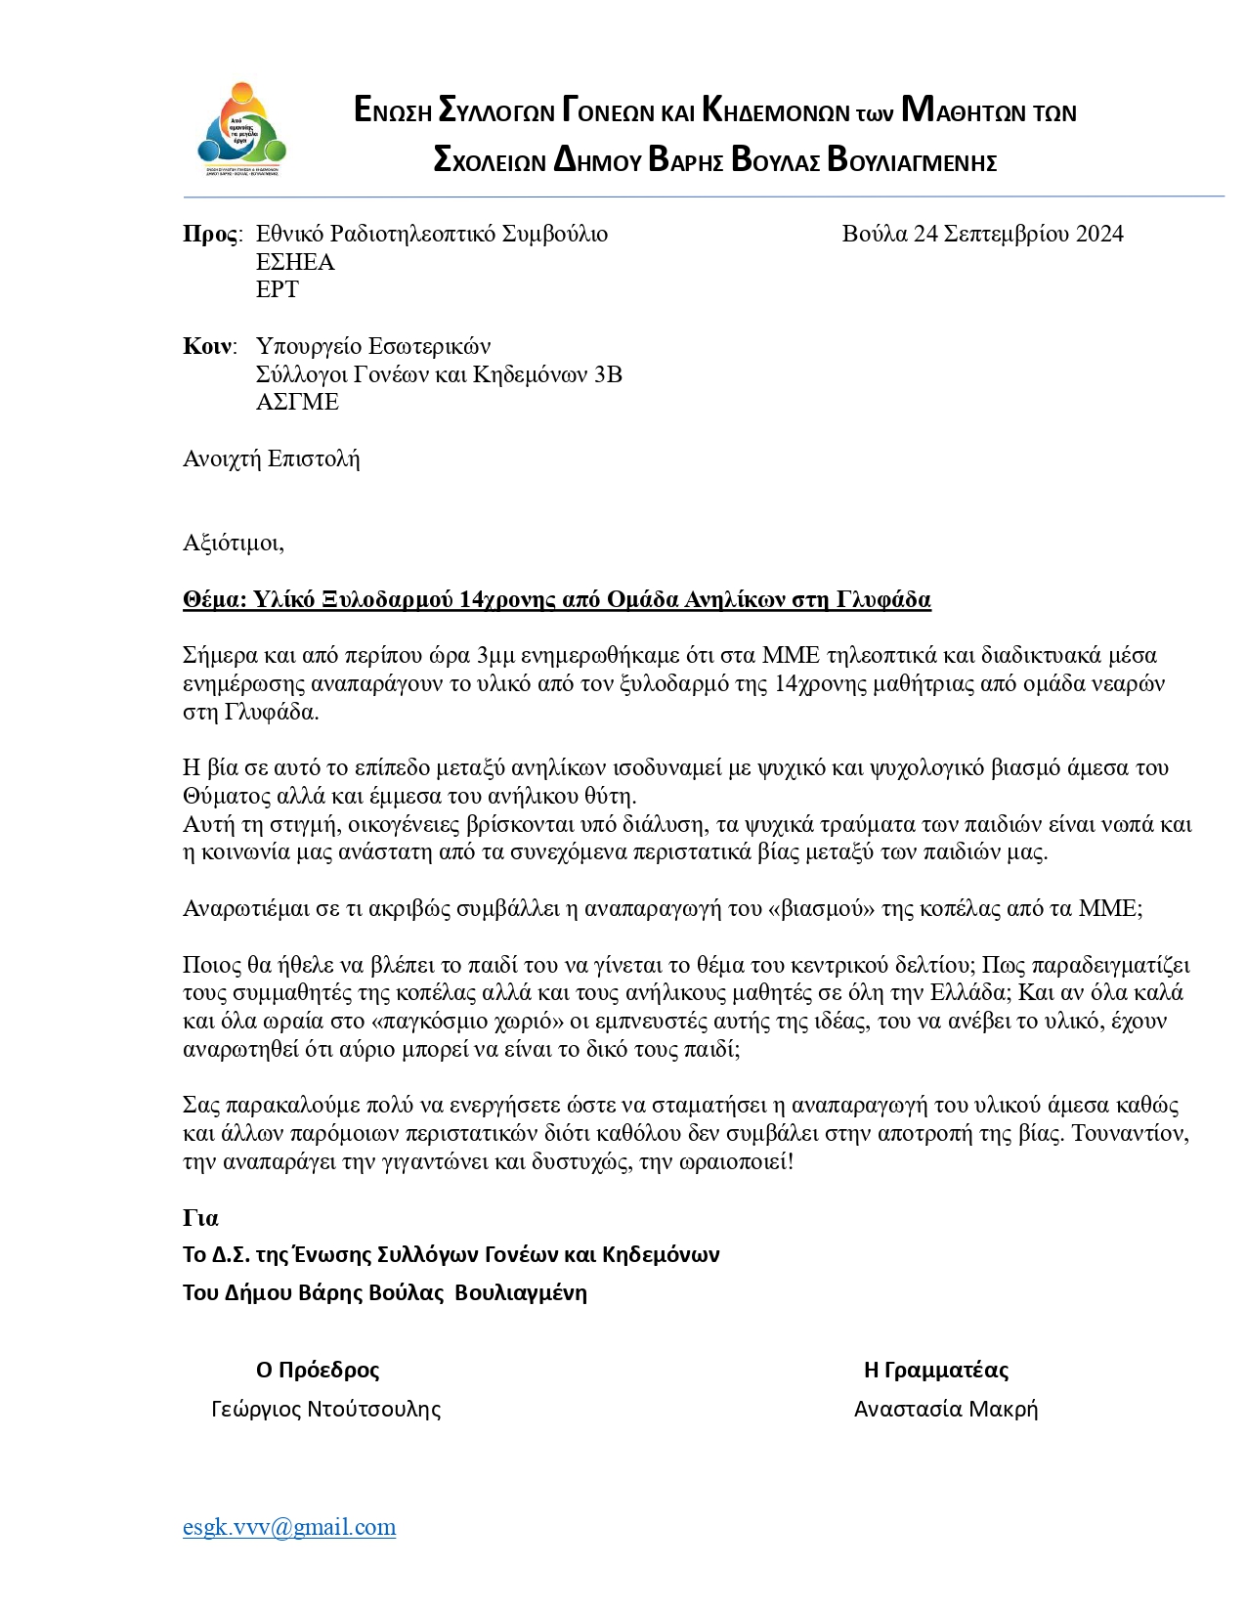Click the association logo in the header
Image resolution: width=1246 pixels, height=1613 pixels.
[x=242, y=130]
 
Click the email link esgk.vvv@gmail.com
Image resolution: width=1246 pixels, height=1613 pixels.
[x=289, y=1527]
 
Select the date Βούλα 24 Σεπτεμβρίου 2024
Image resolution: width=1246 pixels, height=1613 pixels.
[x=982, y=234]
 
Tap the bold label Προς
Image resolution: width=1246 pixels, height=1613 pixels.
[x=210, y=234]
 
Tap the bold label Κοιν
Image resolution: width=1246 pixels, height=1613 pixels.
[x=207, y=346]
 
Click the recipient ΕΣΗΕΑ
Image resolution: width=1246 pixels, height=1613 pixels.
[x=295, y=262]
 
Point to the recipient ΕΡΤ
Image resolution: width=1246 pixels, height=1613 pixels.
[x=277, y=289]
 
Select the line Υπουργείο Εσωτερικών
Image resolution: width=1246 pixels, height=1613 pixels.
[x=372, y=346]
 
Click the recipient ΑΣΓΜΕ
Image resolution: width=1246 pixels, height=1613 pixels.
[x=297, y=402]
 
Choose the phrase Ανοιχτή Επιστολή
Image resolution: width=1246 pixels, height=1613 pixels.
[x=271, y=458]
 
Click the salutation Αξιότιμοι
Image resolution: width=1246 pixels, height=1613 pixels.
[x=233, y=543]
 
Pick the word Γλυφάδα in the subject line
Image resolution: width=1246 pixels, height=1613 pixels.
[x=883, y=599]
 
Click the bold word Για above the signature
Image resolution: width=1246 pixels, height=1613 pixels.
[x=200, y=1218]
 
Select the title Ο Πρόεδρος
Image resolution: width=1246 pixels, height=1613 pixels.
[x=318, y=1370]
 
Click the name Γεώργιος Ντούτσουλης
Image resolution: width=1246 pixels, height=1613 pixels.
[x=325, y=1409]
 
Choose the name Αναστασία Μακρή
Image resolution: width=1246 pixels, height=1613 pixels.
[x=945, y=1409]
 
